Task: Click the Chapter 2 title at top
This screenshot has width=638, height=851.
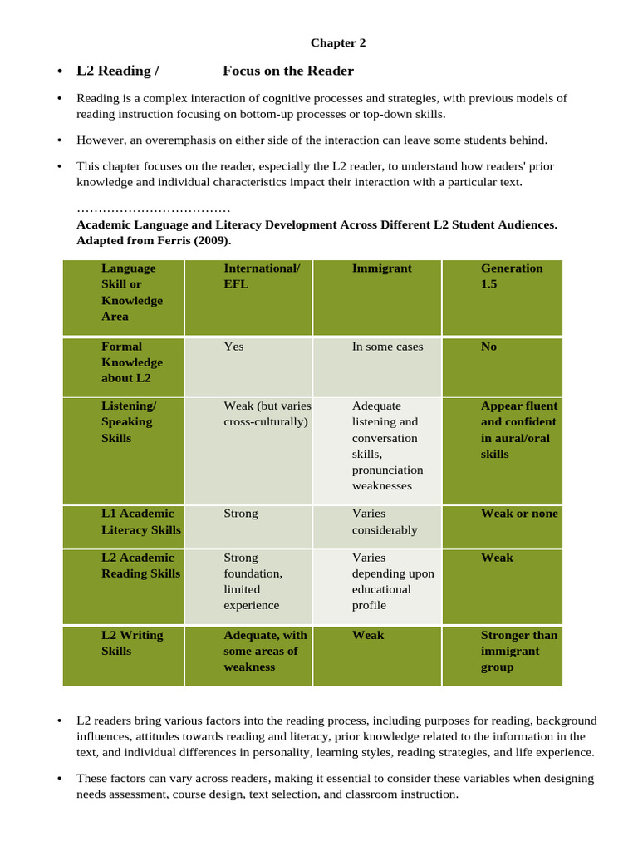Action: point(338,42)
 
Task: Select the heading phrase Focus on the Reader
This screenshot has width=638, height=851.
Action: point(288,71)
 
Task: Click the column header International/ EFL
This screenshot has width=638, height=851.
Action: point(262,276)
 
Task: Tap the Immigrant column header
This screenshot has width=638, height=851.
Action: point(381,268)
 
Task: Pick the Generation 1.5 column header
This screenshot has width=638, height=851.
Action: point(512,276)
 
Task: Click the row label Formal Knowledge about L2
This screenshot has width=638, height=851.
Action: point(132,362)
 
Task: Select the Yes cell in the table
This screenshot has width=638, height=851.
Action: point(233,347)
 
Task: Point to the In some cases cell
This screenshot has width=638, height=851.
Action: point(387,347)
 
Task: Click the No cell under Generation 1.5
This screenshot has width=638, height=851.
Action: point(488,347)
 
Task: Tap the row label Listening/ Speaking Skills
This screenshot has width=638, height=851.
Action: point(128,421)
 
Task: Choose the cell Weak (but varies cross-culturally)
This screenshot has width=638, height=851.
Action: point(267,414)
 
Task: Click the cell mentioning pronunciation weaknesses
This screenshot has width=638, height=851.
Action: point(388,445)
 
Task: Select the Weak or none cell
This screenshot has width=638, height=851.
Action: point(519,514)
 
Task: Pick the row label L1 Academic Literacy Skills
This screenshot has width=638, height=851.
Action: point(140,521)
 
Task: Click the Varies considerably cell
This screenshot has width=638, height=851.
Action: point(385,521)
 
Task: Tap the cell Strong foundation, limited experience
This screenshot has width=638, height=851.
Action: point(253,581)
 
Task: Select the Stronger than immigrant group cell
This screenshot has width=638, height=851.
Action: point(519,651)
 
